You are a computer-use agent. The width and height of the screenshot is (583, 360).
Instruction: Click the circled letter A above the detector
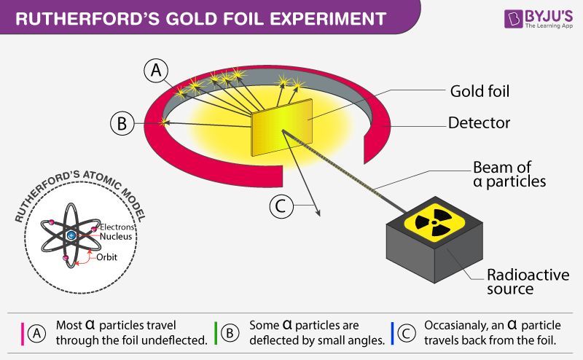pyautogui.click(x=157, y=70)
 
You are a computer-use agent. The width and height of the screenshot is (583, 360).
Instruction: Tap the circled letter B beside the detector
pyautogui.click(x=122, y=123)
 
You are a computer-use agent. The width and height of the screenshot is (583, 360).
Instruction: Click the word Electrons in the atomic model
pyautogui.click(x=117, y=227)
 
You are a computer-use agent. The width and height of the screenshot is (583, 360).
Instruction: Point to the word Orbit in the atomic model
pyautogui.click(x=106, y=257)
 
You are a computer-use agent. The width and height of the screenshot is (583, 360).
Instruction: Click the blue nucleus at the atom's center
pyautogui.click(x=71, y=236)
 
